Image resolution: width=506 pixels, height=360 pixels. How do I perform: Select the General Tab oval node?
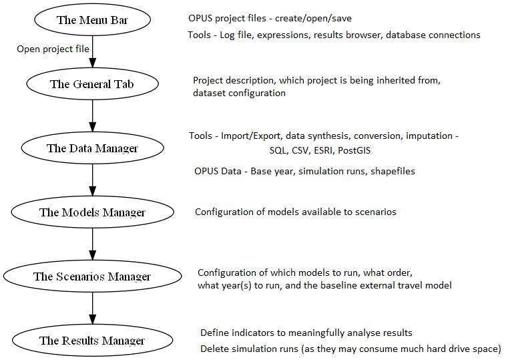click(x=92, y=84)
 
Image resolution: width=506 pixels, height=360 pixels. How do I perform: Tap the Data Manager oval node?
click(x=92, y=148)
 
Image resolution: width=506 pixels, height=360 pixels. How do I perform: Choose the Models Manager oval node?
click(x=92, y=212)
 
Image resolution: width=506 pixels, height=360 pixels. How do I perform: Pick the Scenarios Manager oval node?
click(x=92, y=277)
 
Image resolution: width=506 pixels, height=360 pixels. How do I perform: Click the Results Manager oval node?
click(x=92, y=341)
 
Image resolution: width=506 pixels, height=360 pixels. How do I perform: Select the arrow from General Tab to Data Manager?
click(x=92, y=116)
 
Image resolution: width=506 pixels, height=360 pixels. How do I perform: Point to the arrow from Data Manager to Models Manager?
click(x=92, y=180)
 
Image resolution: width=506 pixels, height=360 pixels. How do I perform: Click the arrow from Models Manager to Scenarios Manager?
click(x=92, y=244)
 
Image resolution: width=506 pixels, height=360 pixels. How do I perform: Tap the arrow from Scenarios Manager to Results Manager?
click(x=92, y=309)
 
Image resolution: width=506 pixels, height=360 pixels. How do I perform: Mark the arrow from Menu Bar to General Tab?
click(x=92, y=53)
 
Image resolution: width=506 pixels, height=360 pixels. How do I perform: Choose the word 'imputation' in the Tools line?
click(x=430, y=136)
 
